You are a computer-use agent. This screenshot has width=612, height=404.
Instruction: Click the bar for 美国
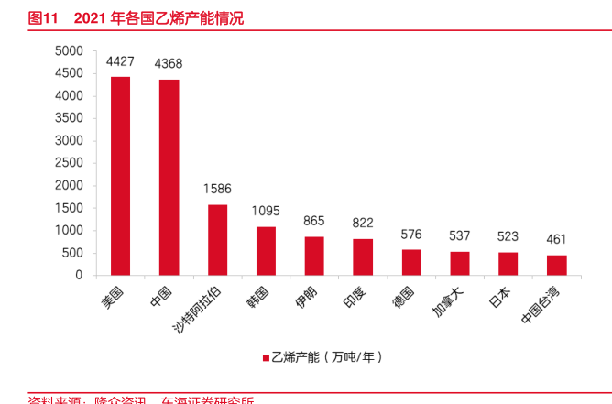pyautogui.click(x=120, y=176)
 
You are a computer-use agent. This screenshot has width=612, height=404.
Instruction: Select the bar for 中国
pyautogui.click(x=169, y=178)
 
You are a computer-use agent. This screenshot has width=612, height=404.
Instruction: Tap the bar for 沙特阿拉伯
pyautogui.click(x=217, y=240)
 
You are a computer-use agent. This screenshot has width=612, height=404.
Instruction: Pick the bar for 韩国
pyautogui.click(x=266, y=251)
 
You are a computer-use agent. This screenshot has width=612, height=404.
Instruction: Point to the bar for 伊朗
pyautogui.click(x=314, y=257)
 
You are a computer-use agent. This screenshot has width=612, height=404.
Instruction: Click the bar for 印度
pyautogui.click(x=363, y=257)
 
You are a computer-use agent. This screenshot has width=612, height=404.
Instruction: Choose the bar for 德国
pyautogui.click(x=411, y=263)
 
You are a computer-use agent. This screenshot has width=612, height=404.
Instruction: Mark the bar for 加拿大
pyautogui.click(x=460, y=264)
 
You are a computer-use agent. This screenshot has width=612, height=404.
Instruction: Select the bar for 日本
pyautogui.click(x=508, y=264)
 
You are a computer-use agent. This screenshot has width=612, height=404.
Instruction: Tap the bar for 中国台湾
pyautogui.click(x=556, y=266)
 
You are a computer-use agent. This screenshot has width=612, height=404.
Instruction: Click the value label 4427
pyautogui.click(x=120, y=62)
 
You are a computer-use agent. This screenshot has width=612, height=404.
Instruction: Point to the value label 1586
pyautogui.click(x=217, y=190)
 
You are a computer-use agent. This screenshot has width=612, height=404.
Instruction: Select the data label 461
pyautogui.click(x=556, y=240)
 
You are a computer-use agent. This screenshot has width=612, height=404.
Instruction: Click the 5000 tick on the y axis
pyautogui.click(x=70, y=51)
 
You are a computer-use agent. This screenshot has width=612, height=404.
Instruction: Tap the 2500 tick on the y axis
pyautogui.click(x=70, y=163)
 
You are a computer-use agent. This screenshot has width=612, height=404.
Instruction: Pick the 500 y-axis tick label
pyautogui.click(x=74, y=253)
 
